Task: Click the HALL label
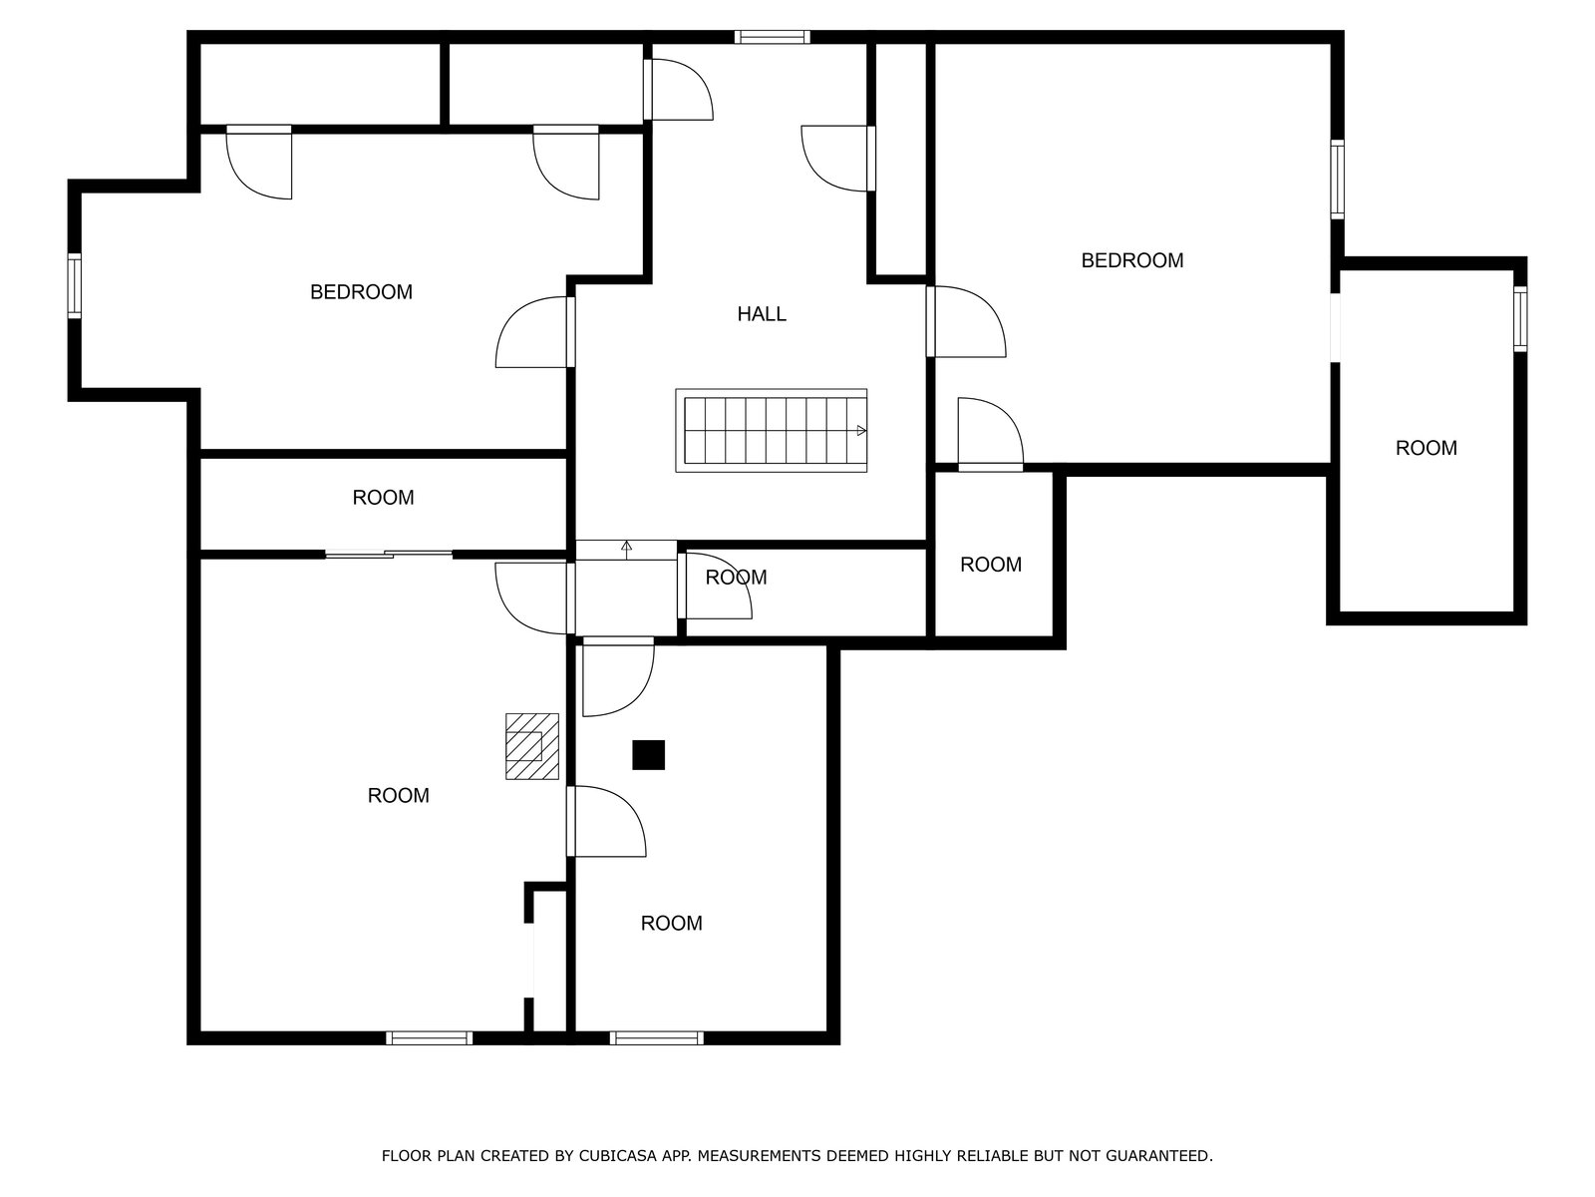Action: (x=761, y=314)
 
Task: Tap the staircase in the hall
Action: (x=771, y=430)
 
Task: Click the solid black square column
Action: (x=648, y=754)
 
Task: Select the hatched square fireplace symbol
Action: (x=532, y=746)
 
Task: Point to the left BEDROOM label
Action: (x=361, y=292)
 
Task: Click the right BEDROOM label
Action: (x=1132, y=260)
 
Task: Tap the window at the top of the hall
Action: (x=772, y=37)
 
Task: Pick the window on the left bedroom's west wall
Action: (x=74, y=285)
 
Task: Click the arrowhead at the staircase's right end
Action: (x=862, y=430)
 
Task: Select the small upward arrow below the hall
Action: (x=626, y=550)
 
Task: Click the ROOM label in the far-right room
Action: (x=1426, y=448)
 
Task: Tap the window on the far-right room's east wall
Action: (x=1520, y=319)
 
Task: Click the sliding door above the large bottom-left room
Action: (x=389, y=555)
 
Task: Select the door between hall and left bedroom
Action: (x=534, y=332)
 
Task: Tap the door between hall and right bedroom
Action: (x=966, y=321)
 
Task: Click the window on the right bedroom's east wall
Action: (x=1337, y=179)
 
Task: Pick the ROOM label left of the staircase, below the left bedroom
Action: (x=383, y=497)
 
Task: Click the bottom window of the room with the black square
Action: (x=656, y=1037)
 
